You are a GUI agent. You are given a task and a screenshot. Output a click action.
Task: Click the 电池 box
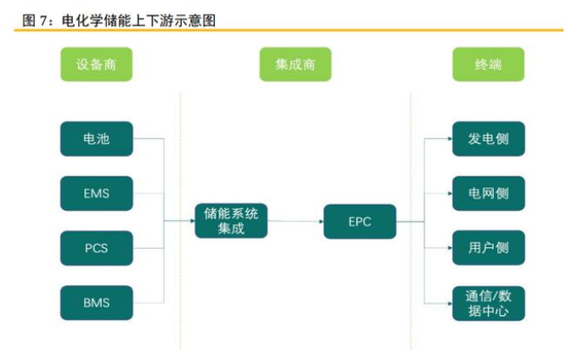[x=96, y=138]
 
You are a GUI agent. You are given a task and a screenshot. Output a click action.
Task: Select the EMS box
[x=96, y=193]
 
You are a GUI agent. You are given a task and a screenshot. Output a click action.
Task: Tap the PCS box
[x=96, y=248]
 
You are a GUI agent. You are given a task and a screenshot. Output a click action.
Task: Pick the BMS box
[x=96, y=302]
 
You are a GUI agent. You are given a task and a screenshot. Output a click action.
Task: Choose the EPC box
[x=360, y=221]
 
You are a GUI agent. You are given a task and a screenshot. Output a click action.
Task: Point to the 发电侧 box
[x=488, y=138]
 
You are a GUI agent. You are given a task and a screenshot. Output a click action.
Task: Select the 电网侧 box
[x=488, y=193]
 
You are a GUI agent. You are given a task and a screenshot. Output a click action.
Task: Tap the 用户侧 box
[x=488, y=248]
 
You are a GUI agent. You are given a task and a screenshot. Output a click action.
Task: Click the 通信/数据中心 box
[x=488, y=303]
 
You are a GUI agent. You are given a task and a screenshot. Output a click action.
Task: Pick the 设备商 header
[x=96, y=65]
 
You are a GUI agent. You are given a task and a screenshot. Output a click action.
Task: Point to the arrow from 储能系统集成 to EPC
[x=295, y=222]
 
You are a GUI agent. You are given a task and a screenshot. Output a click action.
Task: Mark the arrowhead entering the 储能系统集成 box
[x=191, y=221]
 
